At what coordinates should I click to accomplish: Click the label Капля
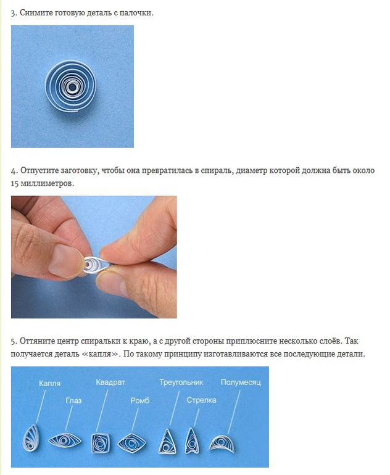click(x=50, y=384)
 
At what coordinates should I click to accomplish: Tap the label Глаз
click(x=73, y=400)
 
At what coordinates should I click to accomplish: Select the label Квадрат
click(x=110, y=382)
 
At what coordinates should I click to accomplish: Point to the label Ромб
click(x=140, y=400)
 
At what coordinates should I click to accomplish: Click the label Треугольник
click(x=181, y=382)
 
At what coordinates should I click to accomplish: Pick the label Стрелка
click(x=201, y=400)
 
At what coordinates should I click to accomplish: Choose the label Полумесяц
click(x=241, y=382)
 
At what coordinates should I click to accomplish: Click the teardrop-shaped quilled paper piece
click(x=31, y=438)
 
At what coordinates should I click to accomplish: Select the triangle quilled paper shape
click(x=167, y=442)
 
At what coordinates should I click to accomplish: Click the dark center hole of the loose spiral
click(x=72, y=88)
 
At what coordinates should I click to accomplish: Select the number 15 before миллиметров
click(x=15, y=184)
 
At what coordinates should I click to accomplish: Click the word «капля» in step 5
click(x=101, y=353)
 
